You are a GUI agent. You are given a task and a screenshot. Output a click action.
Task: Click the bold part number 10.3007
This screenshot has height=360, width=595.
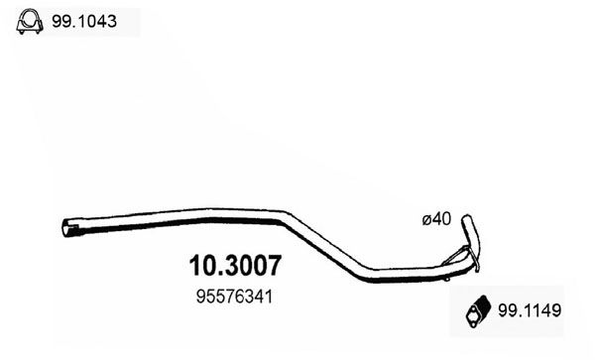tap(234, 267)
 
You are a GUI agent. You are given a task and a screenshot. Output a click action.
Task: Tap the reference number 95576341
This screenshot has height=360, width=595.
tap(233, 296)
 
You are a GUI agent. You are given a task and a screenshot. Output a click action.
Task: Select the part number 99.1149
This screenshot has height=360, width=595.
tap(535, 311)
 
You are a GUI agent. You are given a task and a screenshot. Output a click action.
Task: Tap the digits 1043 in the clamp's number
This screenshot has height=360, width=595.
tap(101, 22)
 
